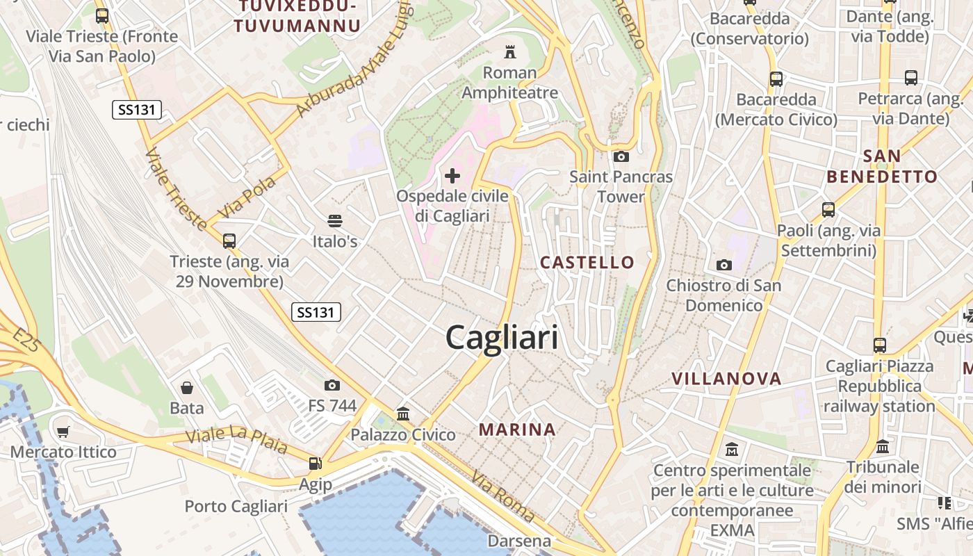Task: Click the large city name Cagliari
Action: [502, 338]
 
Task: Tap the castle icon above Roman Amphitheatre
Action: [510, 51]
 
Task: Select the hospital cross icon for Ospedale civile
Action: [452, 175]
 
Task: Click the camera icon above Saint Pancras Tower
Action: [621, 156]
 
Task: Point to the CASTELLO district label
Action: [587, 262]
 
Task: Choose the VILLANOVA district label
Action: [726, 379]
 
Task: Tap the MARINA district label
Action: [517, 430]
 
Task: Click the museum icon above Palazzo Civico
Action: [403, 414]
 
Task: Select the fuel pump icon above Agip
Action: [316, 463]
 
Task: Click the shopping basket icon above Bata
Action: [186, 387]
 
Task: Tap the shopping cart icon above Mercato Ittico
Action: [63, 432]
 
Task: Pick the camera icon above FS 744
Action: [332, 385]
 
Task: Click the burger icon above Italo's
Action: [335, 221]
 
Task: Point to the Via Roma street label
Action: [502, 497]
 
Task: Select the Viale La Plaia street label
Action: [237, 439]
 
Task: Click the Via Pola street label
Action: [247, 197]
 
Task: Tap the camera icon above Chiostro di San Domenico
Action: [724, 265]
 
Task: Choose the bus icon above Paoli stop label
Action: [828, 209]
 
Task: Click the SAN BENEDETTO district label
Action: [882, 166]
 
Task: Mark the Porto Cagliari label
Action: [236, 506]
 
